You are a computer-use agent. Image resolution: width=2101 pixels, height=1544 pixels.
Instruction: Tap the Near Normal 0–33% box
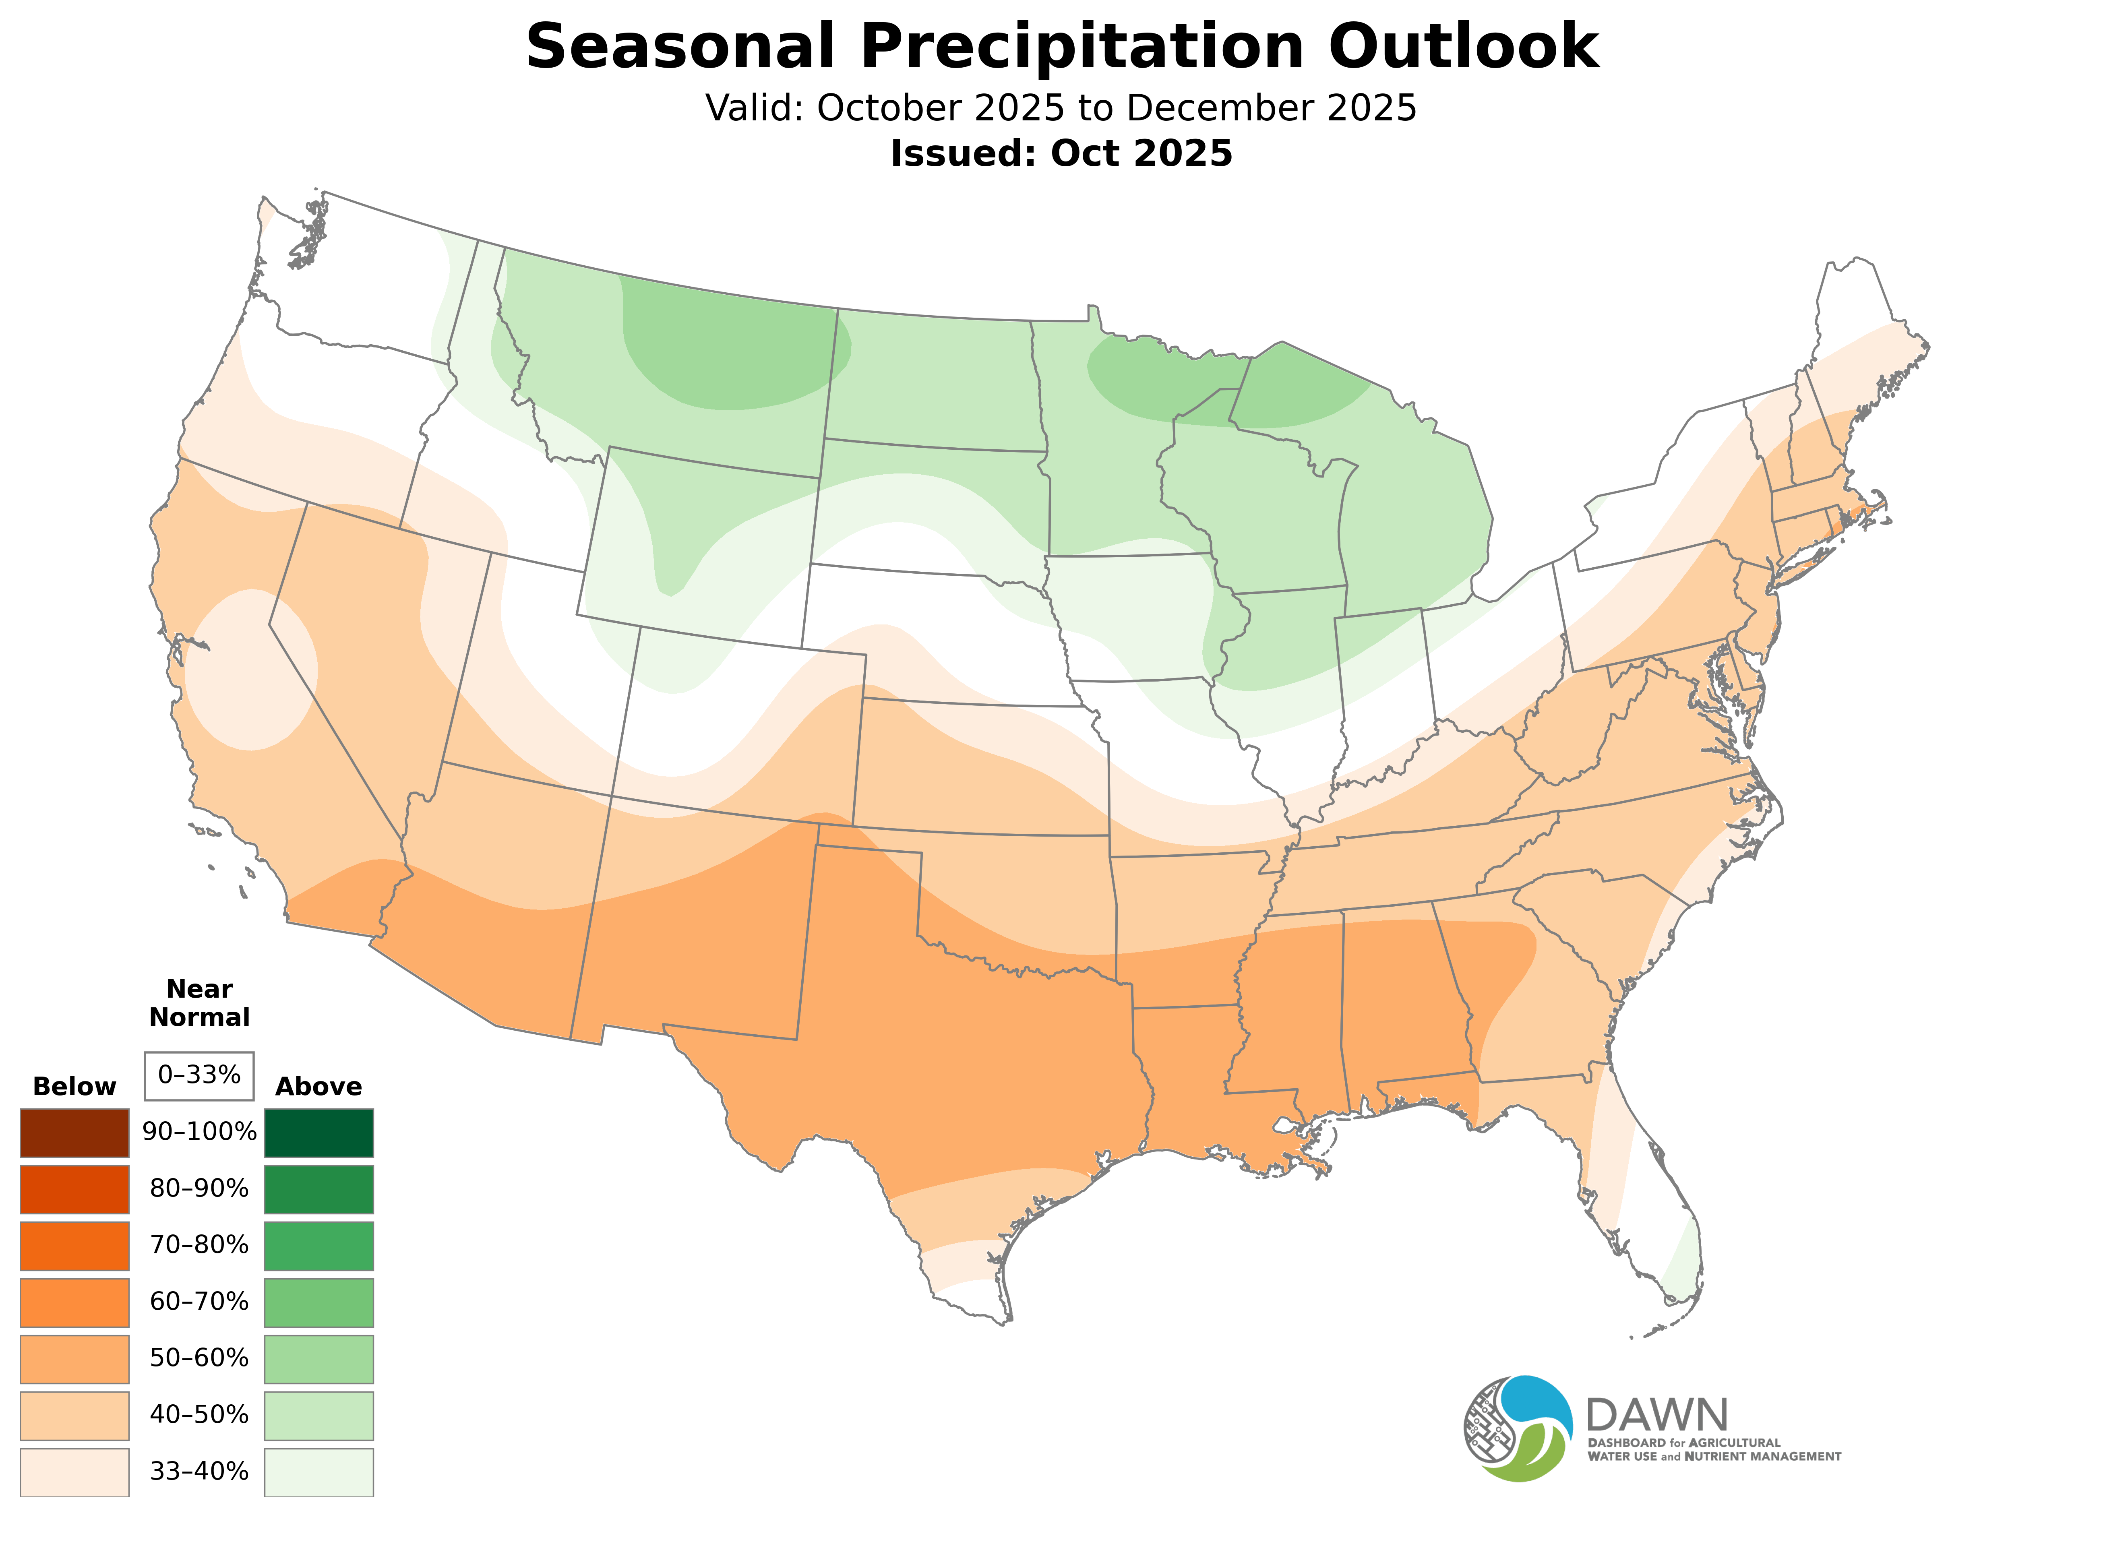[199, 1076]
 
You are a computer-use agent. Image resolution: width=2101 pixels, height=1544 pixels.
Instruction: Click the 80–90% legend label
[199, 1189]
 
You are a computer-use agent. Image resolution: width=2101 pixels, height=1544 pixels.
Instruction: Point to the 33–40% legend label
[199, 1471]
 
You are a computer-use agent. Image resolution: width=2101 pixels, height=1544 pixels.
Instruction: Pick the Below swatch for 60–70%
[75, 1302]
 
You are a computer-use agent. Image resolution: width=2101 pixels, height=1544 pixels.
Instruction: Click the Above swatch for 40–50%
[319, 1415]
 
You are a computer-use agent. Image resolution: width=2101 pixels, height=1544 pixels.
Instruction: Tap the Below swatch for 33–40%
[75, 1471]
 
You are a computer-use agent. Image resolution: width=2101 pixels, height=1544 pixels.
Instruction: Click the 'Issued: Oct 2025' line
[1061, 153]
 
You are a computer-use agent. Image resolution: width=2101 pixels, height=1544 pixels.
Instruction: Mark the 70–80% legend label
[199, 1245]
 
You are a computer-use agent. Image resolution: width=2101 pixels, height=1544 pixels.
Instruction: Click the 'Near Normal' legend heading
[199, 1003]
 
